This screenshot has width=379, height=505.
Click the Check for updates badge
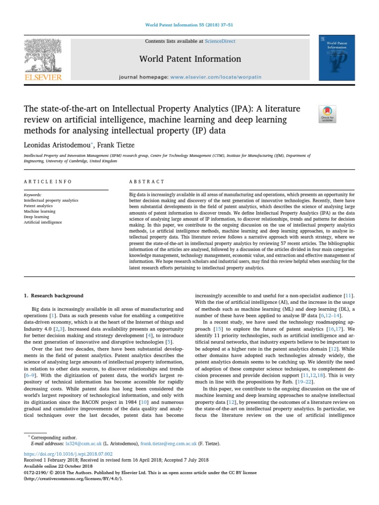click(328, 113)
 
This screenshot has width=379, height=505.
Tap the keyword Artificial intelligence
click(43, 222)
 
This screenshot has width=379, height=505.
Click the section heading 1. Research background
click(54, 296)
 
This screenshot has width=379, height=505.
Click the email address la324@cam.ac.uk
click(73, 444)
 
